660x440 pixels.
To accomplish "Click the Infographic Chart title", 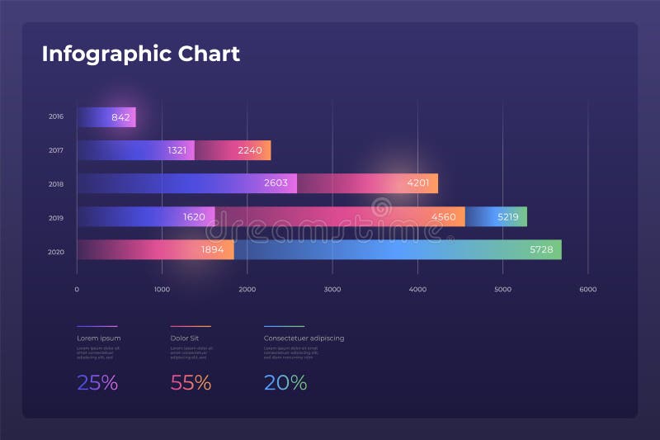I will click(x=140, y=54).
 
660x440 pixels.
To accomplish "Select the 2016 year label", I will click(x=56, y=117).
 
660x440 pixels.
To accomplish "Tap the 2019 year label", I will click(x=56, y=218).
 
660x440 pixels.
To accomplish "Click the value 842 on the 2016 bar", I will click(x=120, y=117).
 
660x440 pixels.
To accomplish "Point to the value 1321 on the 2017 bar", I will click(x=177, y=150).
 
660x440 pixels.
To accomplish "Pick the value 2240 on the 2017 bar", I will click(x=249, y=150).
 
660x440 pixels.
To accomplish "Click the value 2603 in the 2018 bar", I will click(x=276, y=183).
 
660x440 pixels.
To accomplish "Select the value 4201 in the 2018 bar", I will click(x=418, y=183).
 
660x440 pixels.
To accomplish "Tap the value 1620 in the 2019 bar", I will click(x=195, y=217).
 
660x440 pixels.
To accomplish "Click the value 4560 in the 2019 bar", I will click(x=443, y=217).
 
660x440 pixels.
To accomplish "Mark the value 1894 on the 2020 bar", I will click(x=213, y=250).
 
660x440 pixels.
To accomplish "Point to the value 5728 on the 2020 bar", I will click(x=541, y=250).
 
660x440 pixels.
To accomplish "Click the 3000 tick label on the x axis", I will click(x=332, y=290).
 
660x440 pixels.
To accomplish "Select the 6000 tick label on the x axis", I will click(x=587, y=290).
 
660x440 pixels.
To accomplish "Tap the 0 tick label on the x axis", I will click(x=77, y=290).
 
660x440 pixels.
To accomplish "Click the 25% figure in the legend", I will click(x=97, y=383).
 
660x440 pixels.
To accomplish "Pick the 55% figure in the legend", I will click(x=191, y=383).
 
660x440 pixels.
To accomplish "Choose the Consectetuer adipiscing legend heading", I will click(x=304, y=338).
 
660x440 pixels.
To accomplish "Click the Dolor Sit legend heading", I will click(x=184, y=338).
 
